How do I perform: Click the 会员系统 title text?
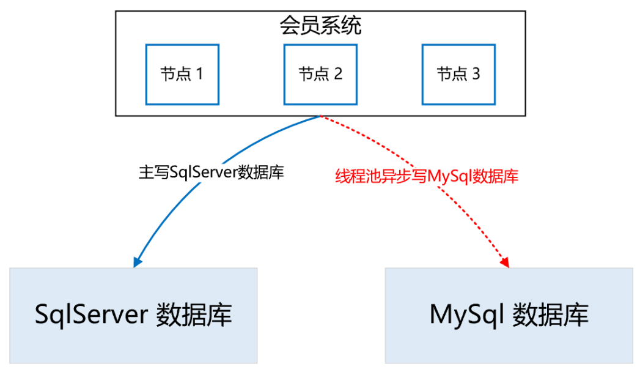click(320, 26)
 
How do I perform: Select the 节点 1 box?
click(182, 74)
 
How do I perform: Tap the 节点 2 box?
click(320, 74)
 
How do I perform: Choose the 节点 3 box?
click(458, 74)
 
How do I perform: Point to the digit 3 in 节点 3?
click(476, 75)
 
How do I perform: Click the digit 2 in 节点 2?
click(337, 75)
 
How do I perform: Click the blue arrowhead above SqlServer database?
click(136, 261)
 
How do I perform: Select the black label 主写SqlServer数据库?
click(211, 173)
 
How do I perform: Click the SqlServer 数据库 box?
click(134, 315)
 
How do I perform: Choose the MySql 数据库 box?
click(509, 315)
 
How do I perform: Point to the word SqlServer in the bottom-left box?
click(91, 315)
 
